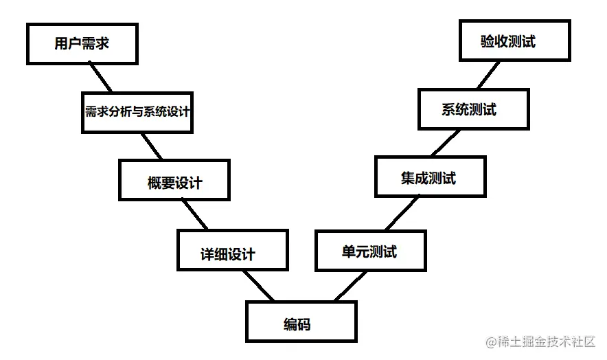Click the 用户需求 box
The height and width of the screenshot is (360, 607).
tap(81, 43)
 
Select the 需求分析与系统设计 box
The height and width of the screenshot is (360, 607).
tap(137, 111)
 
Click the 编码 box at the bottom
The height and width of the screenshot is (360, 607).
tap(301, 322)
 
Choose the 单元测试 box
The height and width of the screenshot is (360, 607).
tap(370, 251)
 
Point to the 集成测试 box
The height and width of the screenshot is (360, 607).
tap(430, 177)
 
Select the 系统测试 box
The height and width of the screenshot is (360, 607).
tap(473, 109)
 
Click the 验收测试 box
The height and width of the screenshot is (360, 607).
tap(514, 41)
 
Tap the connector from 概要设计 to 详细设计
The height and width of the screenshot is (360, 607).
tap(195, 214)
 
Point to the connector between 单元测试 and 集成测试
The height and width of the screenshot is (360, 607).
tap(402, 213)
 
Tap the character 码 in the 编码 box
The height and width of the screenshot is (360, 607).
tap(310, 323)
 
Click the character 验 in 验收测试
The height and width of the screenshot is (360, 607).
tap(488, 41)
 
